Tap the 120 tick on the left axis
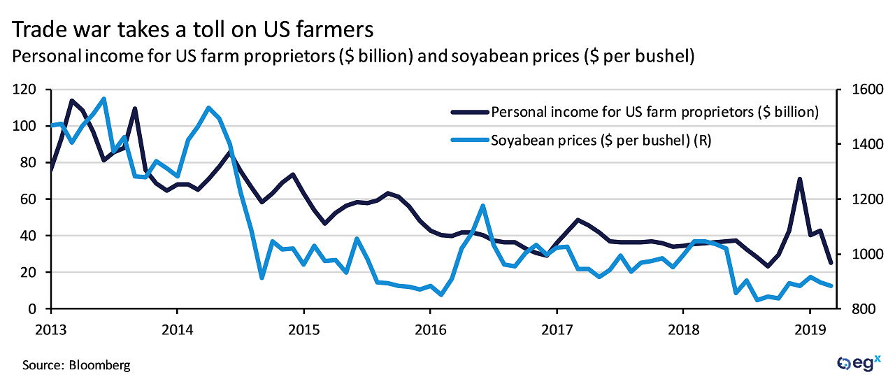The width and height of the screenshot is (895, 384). [x=28, y=90]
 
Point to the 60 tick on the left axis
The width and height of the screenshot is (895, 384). [x=31, y=199]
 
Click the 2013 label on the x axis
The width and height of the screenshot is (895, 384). [x=50, y=327]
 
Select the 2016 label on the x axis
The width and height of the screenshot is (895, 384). [x=430, y=327]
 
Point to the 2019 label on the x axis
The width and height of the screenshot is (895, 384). [x=810, y=327]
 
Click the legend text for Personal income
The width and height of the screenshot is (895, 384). [x=655, y=112]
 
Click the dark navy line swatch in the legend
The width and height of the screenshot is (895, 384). [x=470, y=112]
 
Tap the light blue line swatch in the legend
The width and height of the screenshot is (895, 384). [x=470, y=141]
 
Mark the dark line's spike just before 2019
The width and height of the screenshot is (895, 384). [x=799, y=179]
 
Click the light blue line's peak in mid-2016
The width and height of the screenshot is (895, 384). [x=483, y=206]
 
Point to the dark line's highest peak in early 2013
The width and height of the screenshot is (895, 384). [x=72, y=101]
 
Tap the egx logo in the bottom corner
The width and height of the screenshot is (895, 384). [x=857, y=363]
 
